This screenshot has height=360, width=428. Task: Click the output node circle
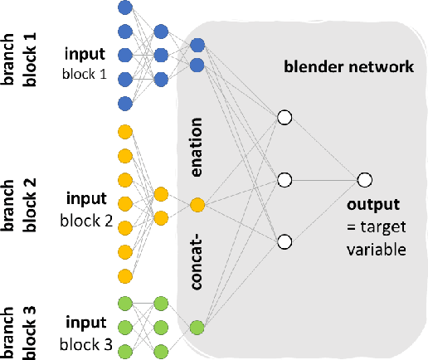point(363,179)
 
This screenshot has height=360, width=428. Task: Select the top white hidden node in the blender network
point(285,118)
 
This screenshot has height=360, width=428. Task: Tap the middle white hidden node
point(285,179)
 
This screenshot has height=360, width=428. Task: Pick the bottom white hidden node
point(285,241)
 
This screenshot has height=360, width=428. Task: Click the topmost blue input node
point(125,7)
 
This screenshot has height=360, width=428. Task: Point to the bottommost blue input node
point(125,104)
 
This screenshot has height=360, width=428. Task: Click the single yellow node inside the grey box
point(197,203)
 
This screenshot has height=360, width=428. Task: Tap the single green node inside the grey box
point(197,326)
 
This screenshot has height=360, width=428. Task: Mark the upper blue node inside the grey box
point(197,45)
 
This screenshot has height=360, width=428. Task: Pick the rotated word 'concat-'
point(197,260)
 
